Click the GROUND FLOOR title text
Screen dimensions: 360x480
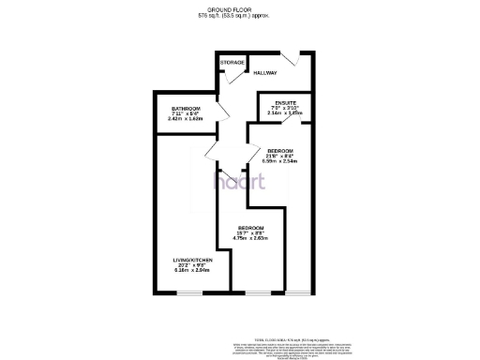(x=239, y=8)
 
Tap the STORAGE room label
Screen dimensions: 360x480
(x=232, y=63)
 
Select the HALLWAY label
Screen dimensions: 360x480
(x=265, y=72)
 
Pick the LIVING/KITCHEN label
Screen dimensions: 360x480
(x=191, y=259)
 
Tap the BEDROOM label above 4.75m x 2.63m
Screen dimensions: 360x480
(x=250, y=229)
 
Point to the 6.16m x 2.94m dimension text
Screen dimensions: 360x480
(x=191, y=270)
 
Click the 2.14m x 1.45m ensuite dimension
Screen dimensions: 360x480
(x=285, y=113)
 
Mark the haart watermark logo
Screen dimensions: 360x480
(x=239, y=180)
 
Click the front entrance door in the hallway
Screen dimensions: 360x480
(x=293, y=60)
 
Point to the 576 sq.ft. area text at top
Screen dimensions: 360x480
(x=239, y=15)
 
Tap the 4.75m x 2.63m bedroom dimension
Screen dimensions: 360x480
(x=250, y=239)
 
